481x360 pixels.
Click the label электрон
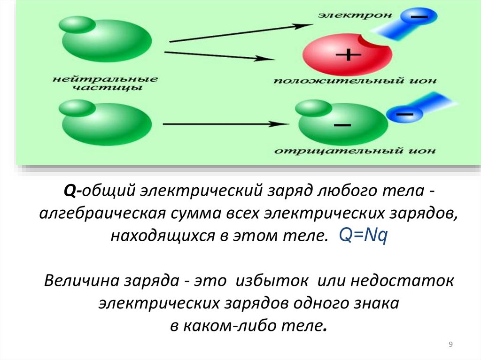[355, 15]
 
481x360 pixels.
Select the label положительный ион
[355, 81]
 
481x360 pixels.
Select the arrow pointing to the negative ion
[225, 124]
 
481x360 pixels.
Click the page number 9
[450, 345]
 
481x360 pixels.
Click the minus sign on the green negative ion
[342, 126]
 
